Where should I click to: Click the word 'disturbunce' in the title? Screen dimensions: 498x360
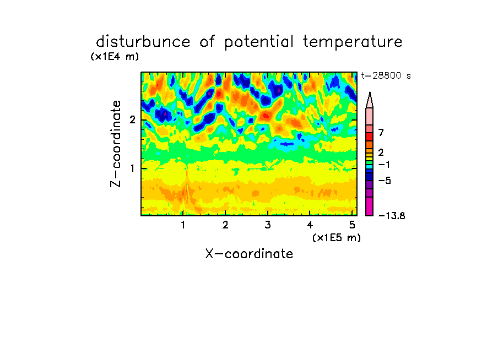click(x=143, y=42)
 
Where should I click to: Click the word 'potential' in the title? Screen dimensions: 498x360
click(x=259, y=42)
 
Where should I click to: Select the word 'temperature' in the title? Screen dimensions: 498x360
click(x=353, y=42)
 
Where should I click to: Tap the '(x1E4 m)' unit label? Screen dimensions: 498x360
click(x=115, y=57)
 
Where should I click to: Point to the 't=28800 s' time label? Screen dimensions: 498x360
click(x=386, y=76)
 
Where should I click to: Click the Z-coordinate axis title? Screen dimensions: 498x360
click(x=116, y=144)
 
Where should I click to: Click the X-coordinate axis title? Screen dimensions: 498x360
click(x=249, y=254)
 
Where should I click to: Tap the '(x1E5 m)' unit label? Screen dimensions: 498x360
click(x=337, y=238)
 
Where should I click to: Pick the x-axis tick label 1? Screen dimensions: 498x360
click(x=183, y=225)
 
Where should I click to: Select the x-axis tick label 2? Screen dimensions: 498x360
click(x=225, y=225)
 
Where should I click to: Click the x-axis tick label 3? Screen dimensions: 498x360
click(x=268, y=225)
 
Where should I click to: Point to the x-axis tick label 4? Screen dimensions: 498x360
click(x=310, y=225)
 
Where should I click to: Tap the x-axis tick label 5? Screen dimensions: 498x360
click(x=352, y=225)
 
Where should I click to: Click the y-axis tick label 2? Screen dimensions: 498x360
click(x=132, y=120)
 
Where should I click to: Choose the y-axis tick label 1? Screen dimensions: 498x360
click(x=132, y=168)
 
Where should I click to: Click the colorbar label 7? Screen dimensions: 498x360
click(x=381, y=133)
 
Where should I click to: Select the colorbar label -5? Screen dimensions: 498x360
click(x=385, y=181)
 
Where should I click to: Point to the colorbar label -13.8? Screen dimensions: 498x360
click(x=392, y=216)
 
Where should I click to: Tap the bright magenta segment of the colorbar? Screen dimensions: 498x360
click(x=370, y=206)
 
